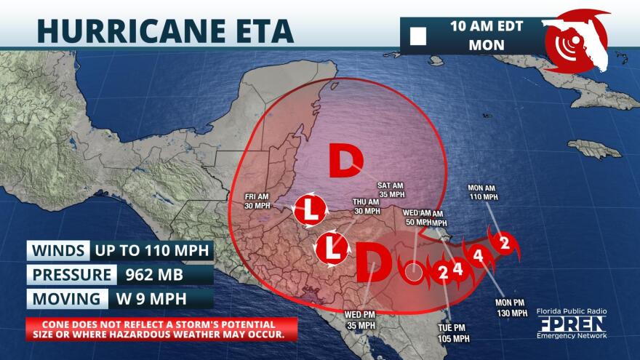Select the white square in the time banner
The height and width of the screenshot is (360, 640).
pos(418,36)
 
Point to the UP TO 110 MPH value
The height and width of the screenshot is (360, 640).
pos(153,251)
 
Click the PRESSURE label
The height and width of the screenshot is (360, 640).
pos(71,275)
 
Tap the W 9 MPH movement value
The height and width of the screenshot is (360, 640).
pos(151,299)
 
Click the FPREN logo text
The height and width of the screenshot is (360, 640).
pos(570,324)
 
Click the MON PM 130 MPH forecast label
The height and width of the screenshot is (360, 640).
pos(511,307)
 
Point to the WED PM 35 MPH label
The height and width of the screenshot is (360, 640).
pos(361,320)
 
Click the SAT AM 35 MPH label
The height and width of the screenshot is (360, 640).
pos(391,190)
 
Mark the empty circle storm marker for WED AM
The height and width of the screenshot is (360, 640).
pos(413,273)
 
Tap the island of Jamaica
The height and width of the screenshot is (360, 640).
pos(595,149)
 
